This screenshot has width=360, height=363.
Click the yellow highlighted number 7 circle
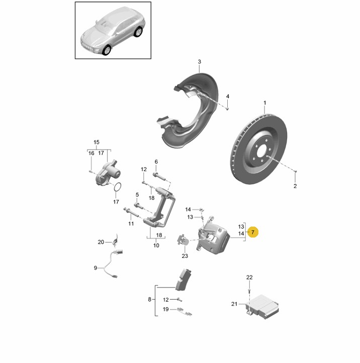[x=252, y=232]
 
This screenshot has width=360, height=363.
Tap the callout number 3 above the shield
[x=199, y=62]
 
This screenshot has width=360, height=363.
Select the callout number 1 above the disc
[x=265, y=103]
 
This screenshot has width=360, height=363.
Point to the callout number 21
[x=234, y=304]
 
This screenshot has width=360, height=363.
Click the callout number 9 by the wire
[x=95, y=268]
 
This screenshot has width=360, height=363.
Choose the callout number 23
[x=185, y=256]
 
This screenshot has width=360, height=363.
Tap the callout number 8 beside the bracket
[x=149, y=300]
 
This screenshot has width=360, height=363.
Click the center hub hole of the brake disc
[x=262, y=152]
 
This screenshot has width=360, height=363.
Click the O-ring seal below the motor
[x=118, y=187]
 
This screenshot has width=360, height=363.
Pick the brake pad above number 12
[x=183, y=279]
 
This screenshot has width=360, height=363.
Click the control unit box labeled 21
[x=262, y=307]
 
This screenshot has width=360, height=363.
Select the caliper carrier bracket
[x=159, y=207]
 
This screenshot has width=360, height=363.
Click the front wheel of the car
[x=107, y=50]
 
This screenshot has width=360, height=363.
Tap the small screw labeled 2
[x=296, y=171]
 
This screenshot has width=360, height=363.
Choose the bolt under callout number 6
[x=159, y=176]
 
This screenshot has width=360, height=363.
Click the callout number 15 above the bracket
[x=97, y=142]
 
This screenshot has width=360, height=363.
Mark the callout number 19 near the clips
[x=165, y=309]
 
